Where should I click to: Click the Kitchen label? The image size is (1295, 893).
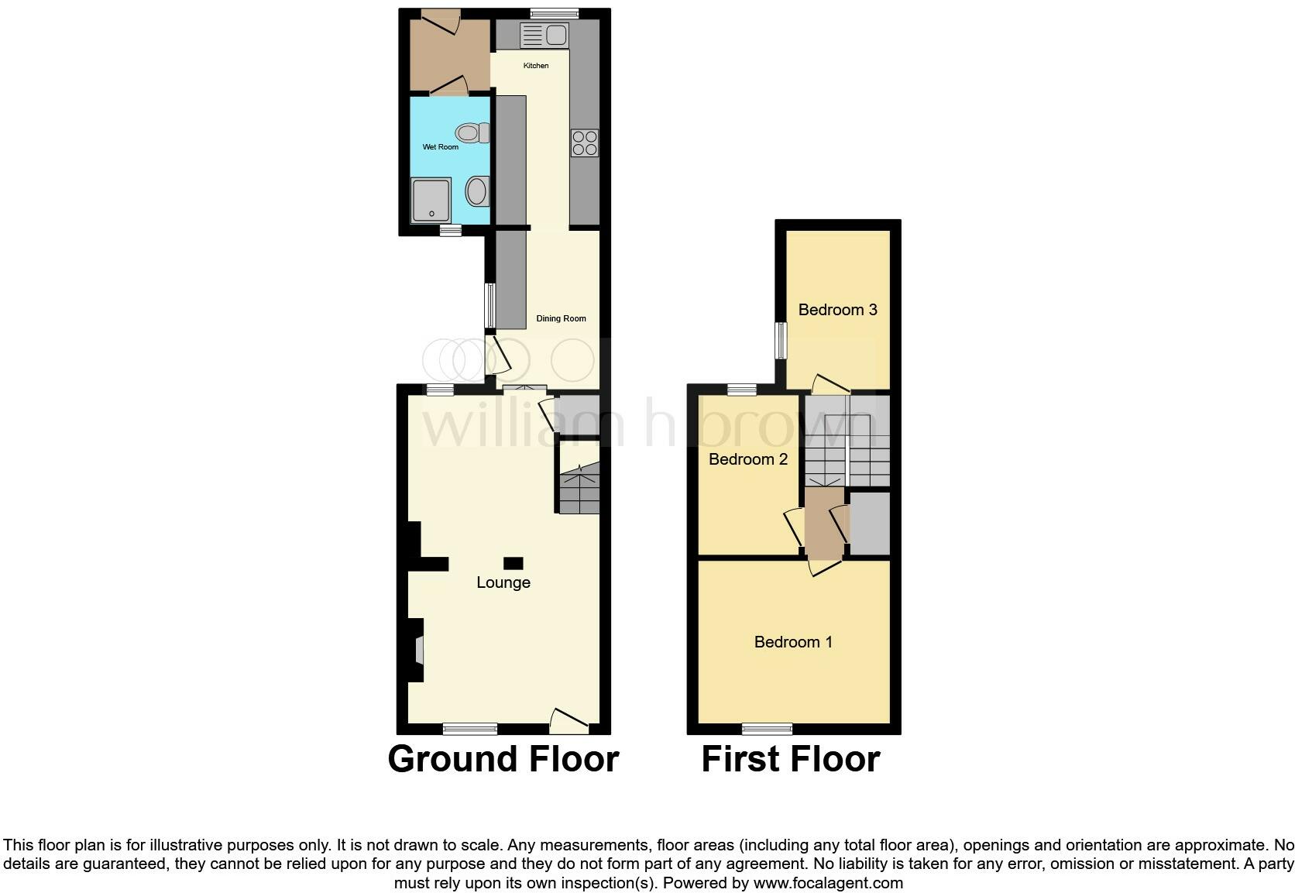[x=536, y=66]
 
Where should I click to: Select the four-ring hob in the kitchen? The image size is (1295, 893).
[x=585, y=143]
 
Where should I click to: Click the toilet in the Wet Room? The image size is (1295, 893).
[x=472, y=133]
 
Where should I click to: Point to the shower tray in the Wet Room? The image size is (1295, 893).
[x=431, y=200]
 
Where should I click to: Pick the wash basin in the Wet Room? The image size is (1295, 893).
[x=477, y=191]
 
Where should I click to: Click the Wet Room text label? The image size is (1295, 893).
[x=440, y=147]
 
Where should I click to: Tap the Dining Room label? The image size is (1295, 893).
[x=562, y=318]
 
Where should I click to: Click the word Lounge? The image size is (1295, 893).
[x=503, y=582]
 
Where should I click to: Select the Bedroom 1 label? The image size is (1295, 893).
[x=793, y=642]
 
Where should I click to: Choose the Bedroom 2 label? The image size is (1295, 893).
[x=748, y=459]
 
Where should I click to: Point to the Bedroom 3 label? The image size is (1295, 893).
[x=837, y=310]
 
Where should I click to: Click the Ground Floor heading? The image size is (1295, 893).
[x=503, y=759]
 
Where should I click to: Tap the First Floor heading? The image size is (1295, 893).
[x=790, y=759]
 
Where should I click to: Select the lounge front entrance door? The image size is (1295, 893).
[x=569, y=721]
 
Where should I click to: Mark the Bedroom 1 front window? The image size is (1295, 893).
[x=767, y=728]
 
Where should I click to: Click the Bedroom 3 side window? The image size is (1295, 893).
[x=781, y=341]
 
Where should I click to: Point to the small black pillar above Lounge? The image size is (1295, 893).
[x=513, y=563]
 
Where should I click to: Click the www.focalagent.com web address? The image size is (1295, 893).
[x=827, y=883]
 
